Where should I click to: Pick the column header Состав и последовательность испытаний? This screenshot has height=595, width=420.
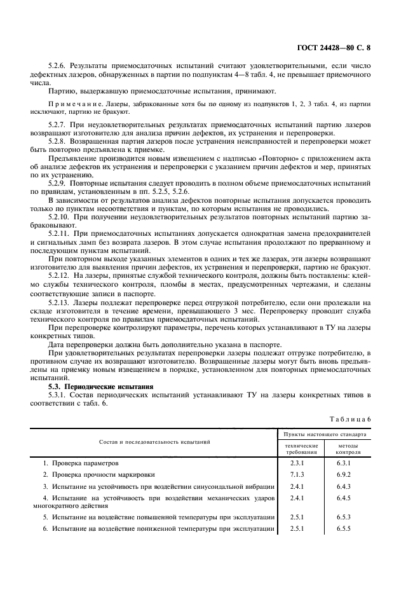point(154,441)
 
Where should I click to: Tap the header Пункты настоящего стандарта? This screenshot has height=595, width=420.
point(325,435)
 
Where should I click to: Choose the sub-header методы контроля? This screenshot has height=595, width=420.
point(348,449)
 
